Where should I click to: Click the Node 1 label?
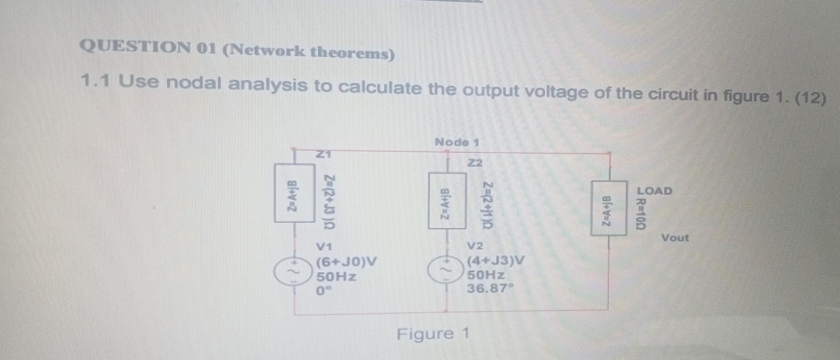457,142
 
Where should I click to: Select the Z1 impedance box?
294,193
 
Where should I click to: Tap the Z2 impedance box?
447,201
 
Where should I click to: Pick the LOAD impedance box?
609,208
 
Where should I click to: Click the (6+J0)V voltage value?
346,262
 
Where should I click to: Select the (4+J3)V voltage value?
495,261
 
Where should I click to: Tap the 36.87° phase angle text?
490,289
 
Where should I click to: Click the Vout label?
675,238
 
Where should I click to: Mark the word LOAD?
654,191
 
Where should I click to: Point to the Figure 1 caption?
433,334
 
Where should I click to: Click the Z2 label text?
475,163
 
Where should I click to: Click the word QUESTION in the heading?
135,47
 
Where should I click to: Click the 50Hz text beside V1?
336,277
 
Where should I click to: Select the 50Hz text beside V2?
486,275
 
